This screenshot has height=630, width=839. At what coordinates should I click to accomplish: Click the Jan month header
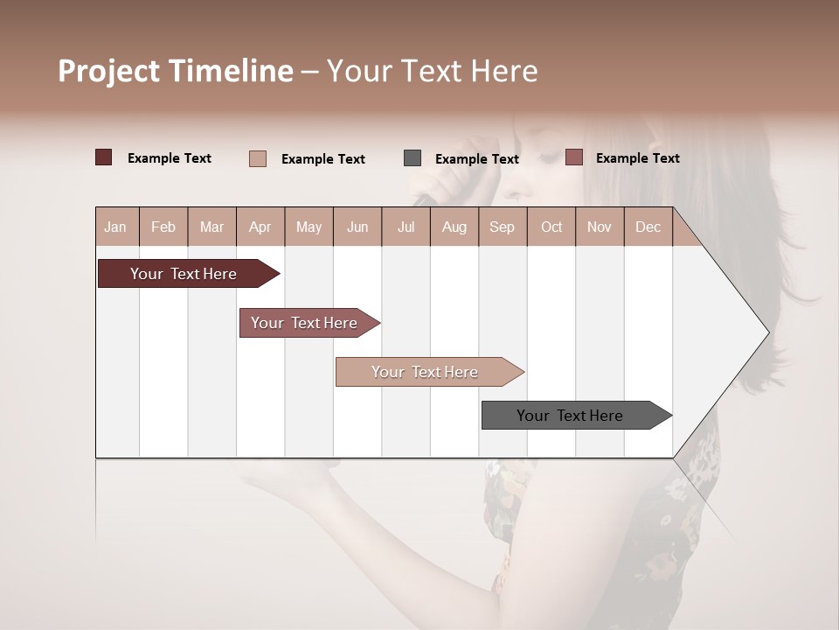pyautogui.click(x=115, y=227)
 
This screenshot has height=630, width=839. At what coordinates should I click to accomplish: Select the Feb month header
pyautogui.click(x=163, y=227)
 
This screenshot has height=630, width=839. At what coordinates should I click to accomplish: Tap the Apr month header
pyautogui.click(x=260, y=227)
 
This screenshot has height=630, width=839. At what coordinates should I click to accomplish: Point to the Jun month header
pyautogui.click(x=357, y=227)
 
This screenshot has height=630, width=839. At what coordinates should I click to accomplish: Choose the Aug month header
pyautogui.click(x=454, y=227)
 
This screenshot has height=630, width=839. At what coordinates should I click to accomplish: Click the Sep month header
pyautogui.click(x=503, y=227)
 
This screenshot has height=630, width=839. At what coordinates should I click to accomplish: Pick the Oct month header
pyautogui.click(x=551, y=227)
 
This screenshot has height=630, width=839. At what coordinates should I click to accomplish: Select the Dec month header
pyautogui.click(x=648, y=227)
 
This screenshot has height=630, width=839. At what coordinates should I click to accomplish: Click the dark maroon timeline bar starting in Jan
pyautogui.click(x=184, y=274)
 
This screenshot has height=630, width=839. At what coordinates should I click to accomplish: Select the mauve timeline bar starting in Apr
pyautogui.click(x=304, y=323)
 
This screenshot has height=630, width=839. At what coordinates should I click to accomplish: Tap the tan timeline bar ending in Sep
pyautogui.click(x=425, y=372)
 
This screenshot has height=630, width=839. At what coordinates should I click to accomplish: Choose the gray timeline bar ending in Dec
pyautogui.click(x=570, y=416)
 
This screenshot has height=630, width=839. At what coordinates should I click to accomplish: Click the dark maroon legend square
pyautogui.click(x=104, y=157)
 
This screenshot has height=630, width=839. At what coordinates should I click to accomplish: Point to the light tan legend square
pyautogui.click(x=258, y=158)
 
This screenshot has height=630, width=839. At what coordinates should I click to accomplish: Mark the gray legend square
pyautogui.click(x=413, y=158)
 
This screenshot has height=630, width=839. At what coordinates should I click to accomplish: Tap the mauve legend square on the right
pyautogui.click(x=573, y=157)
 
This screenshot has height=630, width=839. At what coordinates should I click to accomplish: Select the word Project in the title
pyautogui.click(x=109, y=71)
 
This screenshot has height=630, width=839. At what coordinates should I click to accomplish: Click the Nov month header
pyautogui.click(x=600, y=227)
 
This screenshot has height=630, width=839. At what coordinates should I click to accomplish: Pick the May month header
pyautogui.click(x=309, y=227)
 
